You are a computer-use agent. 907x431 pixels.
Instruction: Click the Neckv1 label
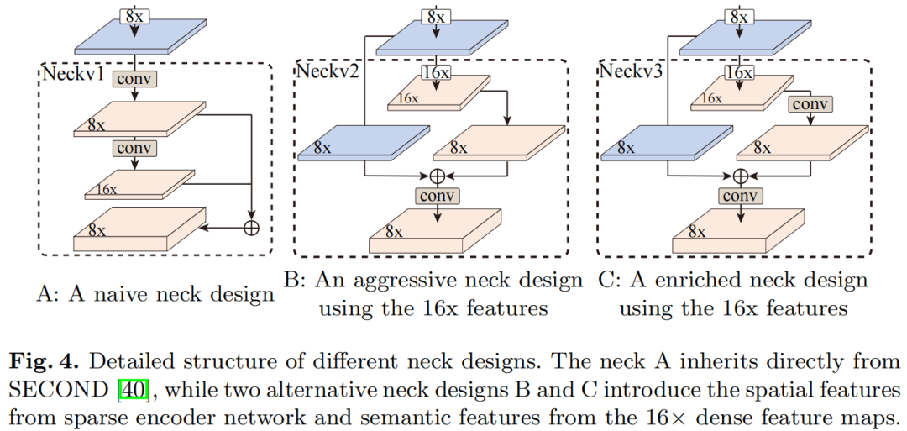tap(73, 74)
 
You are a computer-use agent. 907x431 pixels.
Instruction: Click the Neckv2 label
tap(327, 71)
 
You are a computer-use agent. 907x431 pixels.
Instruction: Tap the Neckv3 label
tap(631, 71)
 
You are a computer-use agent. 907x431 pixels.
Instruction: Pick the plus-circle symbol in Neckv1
tap(250, 227)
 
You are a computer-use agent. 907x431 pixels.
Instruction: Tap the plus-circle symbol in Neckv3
tap(740, 176)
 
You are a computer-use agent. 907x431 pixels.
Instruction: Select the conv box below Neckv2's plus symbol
tap(437, 196)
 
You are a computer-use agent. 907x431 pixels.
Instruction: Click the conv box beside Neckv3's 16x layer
tap(810, 105)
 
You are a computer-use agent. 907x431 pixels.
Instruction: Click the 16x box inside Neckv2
tap(437, 73)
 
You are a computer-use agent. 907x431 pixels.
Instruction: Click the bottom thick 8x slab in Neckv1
tap(139, 229)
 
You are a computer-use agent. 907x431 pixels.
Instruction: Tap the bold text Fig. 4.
tap(42, 363)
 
